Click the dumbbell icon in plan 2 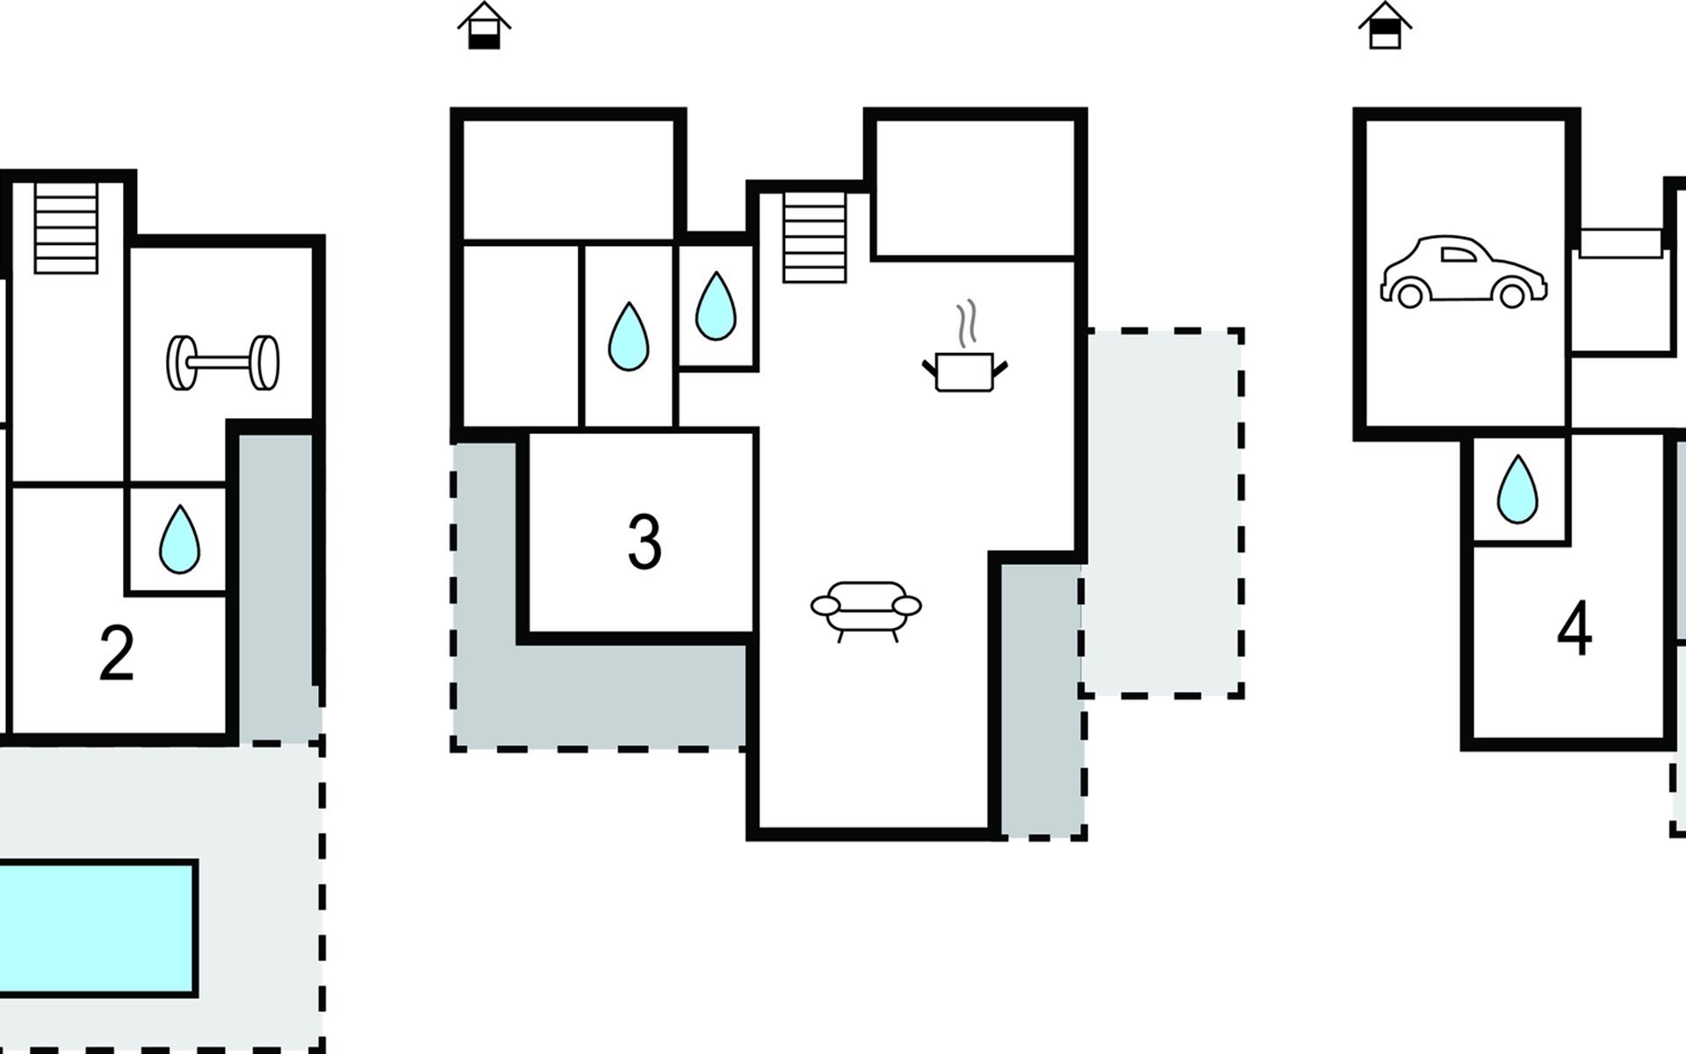pyautogui.click(x=223, y=362)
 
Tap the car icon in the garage pyautogui.click(x=1464, y=271)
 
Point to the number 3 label pyautogui.click(x=645, y=542)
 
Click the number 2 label pyautogui.click(x=117, y=653)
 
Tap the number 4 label pyautogui.click(x=1574, y=629)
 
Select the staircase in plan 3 pyautogui.click(x=815, y=237)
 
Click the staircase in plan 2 pyautogui.click(x=66, y=227)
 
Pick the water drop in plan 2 pyautogui.click(x=179, y=539)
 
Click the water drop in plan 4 pyautogui.click(x=1517, y=489)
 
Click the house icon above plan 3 pyautogui.click(x=484, y=25)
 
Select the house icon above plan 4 pyautogui.click(x=1385, y=25)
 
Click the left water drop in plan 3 pyautogui.click(x=629, y=336)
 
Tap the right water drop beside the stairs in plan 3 pyautogui.click(x=716, y=306)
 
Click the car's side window pyautogui.click(x=1459, y=255)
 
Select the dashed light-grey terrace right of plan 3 pyautogui.click(x=1162, y=514)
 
